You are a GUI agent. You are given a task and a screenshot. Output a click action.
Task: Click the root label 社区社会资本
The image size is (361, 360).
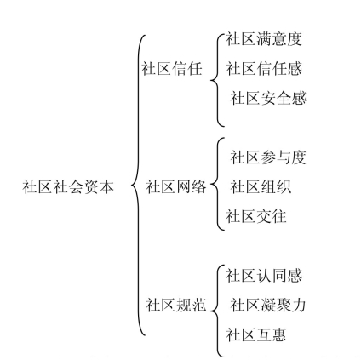pos(68,186)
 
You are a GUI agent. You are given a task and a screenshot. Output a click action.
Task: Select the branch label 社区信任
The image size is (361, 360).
pos(172,69)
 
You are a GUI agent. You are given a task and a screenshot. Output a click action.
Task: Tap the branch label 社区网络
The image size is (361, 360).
pos(176,186)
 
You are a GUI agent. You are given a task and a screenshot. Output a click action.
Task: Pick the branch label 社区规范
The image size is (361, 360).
pos(176,305)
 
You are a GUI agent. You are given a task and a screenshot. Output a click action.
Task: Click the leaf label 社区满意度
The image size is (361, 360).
pos(264,39)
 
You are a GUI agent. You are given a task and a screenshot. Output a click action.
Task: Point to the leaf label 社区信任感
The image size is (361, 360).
pos(264,69)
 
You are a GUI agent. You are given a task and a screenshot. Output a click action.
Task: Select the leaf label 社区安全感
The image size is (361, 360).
pos(268,98)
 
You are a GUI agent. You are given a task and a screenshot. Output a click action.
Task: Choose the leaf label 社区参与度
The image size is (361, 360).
pos(268,157)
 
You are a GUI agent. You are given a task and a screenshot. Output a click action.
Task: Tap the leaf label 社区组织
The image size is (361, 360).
pos(261,186)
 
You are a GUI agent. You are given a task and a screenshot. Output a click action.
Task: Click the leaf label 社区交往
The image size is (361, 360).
pos(256,216)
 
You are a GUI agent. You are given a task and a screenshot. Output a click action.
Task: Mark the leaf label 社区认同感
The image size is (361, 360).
pos(264,275)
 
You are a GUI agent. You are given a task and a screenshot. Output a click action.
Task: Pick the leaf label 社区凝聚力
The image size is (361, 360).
pos(268,305)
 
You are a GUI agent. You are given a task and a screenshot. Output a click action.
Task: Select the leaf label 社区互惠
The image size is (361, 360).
pos(256,334)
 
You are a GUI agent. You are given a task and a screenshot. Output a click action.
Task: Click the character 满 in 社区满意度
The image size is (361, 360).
pos(264,39)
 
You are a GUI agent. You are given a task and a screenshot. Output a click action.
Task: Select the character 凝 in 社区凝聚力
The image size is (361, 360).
pos(268,305)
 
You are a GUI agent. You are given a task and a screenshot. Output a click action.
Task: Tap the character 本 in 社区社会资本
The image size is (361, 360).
pos(106,186)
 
